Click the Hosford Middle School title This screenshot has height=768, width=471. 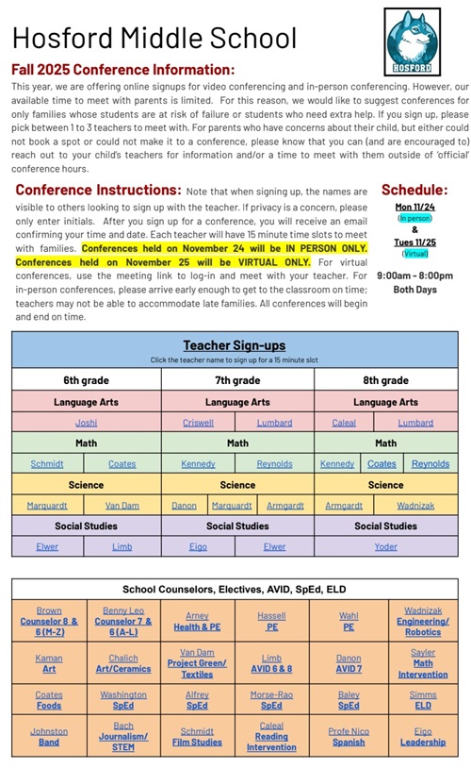tap(154, 39)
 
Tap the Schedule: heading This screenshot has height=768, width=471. tap(414, 190)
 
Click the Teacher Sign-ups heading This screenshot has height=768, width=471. tap(235, 345)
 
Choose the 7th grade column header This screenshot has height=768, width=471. tap(237, 380)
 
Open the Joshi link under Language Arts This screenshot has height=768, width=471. tap(86, 423)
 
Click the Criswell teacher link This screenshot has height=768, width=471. tap(198, 423)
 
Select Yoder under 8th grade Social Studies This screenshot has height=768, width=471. tap(385, 546)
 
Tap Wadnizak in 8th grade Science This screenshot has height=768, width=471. tap(415, 505)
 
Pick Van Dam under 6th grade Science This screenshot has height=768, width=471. tap(122, 505)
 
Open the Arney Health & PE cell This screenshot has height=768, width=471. tap(197, 622)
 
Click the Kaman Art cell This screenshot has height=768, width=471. tap(49, 662)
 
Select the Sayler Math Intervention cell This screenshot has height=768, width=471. tap(423, 662)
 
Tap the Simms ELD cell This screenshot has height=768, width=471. tap(423, 699)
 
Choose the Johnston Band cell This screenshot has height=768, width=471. tap(49, 737)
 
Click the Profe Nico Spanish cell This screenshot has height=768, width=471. tap(349, 737)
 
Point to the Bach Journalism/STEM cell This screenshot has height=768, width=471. tap(122, 737)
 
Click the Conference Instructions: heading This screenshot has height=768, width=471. tap(98, 190)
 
